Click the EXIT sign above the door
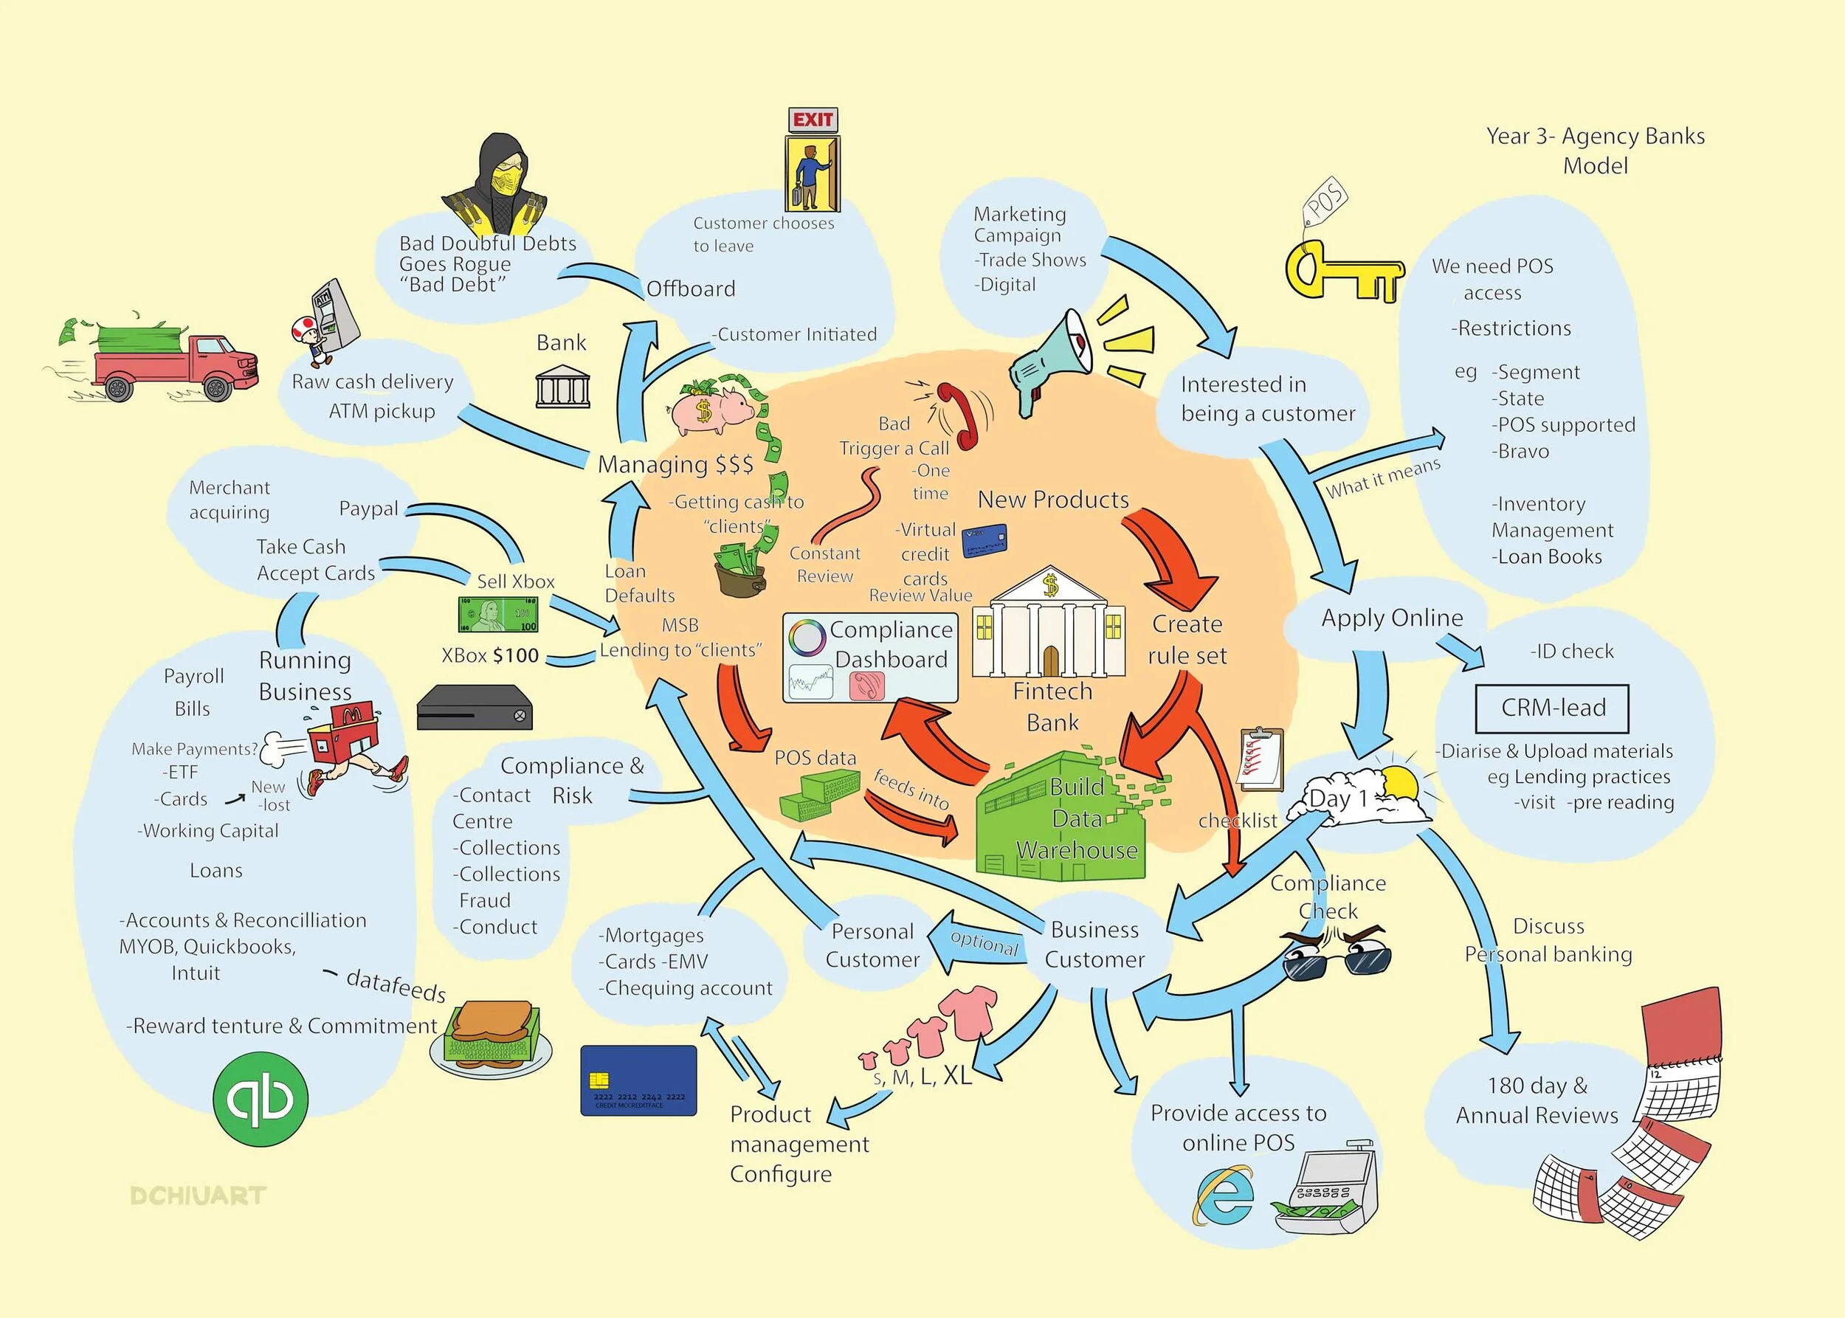[x=813, y=120]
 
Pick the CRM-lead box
[x=1552, y=708]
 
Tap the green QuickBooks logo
[x=261, y=1099]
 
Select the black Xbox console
[x=474, y=708]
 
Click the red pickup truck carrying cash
[x=174, y=362]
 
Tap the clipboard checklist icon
[x=1261, y=759]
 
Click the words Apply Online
[x=1391, y=618]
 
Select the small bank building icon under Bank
[x=562, y=385]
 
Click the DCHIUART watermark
[x=198, y=1195]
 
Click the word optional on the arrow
[x=984, y=943]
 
